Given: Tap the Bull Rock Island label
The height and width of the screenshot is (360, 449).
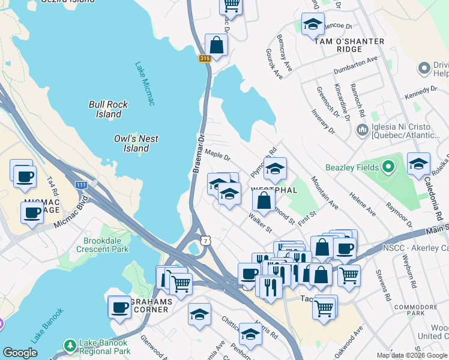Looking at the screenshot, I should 108,109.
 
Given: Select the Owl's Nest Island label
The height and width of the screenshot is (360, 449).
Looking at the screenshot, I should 136,143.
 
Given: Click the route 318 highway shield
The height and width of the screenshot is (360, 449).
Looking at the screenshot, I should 205,58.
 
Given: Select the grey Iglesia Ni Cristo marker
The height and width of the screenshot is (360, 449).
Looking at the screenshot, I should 362,130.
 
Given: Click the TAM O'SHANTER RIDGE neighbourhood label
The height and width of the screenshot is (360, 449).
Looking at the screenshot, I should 345,49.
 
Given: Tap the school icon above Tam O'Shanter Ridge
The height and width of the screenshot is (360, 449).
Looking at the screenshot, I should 312,25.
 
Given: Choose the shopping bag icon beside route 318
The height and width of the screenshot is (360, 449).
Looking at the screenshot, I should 216,44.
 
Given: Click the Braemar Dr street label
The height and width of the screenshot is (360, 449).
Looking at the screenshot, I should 199,152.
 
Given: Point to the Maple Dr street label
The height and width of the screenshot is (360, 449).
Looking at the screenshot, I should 217,155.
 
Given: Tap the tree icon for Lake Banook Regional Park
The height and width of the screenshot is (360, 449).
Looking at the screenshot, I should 70,346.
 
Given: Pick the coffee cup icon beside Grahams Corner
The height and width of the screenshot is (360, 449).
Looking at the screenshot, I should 119,307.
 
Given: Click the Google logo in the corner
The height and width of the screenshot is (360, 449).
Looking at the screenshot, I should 20,353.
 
